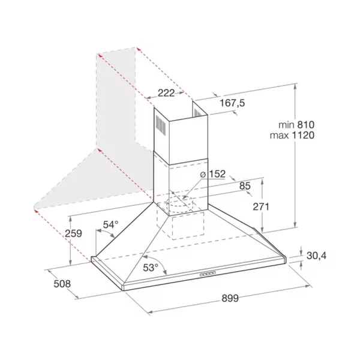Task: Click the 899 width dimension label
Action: click(230, 298)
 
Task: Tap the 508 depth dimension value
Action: click(62, 284)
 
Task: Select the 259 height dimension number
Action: click(73, 233)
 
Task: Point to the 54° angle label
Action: click(110, 224)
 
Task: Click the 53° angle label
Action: click(151, 268)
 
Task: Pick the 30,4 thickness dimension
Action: click(316, 256)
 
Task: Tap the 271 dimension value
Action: click(261, 206)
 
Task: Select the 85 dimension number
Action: click(245, 186)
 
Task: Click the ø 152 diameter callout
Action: click(213, 174)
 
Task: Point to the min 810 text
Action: click(296, 125)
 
